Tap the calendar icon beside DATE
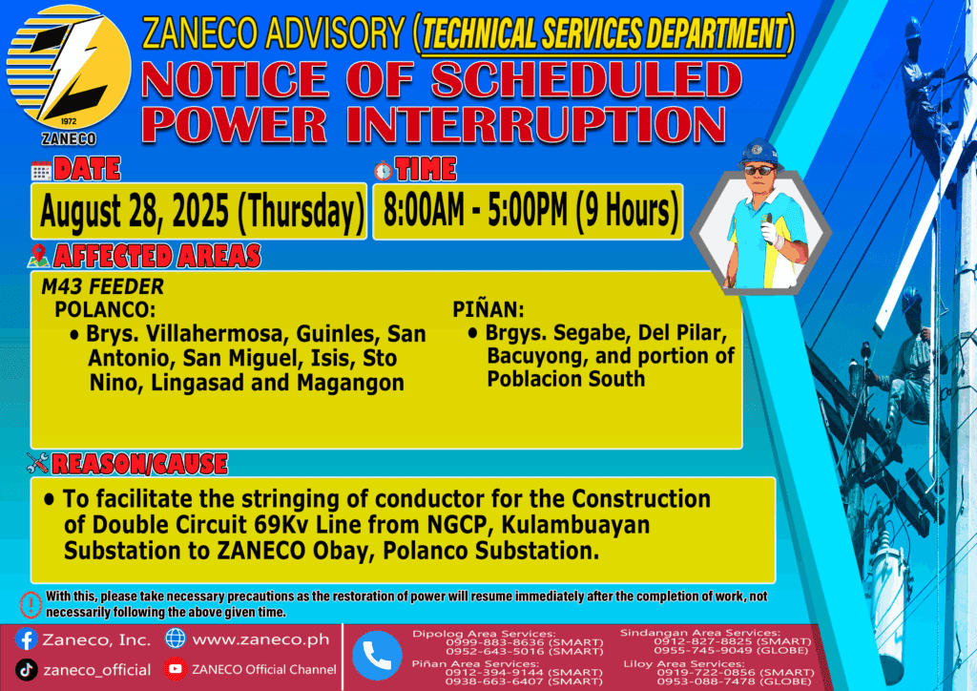(x=41, y=170)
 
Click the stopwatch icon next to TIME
(x=384, y=170)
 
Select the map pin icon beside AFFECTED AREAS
(x=38, y=256)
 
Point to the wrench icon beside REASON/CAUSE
(x=38, y=463)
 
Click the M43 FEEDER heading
(x=102, y=286)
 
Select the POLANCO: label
(x=105, y=309)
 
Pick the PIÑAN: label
(x=488, y=308)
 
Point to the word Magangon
(x=350, y=383)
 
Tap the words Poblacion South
(x=566, y=379)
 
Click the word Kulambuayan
(x=575, y=525)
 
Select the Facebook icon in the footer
(x=26, y=639)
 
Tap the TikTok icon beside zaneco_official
(x=26, y=670)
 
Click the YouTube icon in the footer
(x=176, y=669)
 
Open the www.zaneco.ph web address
(x=261, y=639)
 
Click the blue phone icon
(x=377, y=656)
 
